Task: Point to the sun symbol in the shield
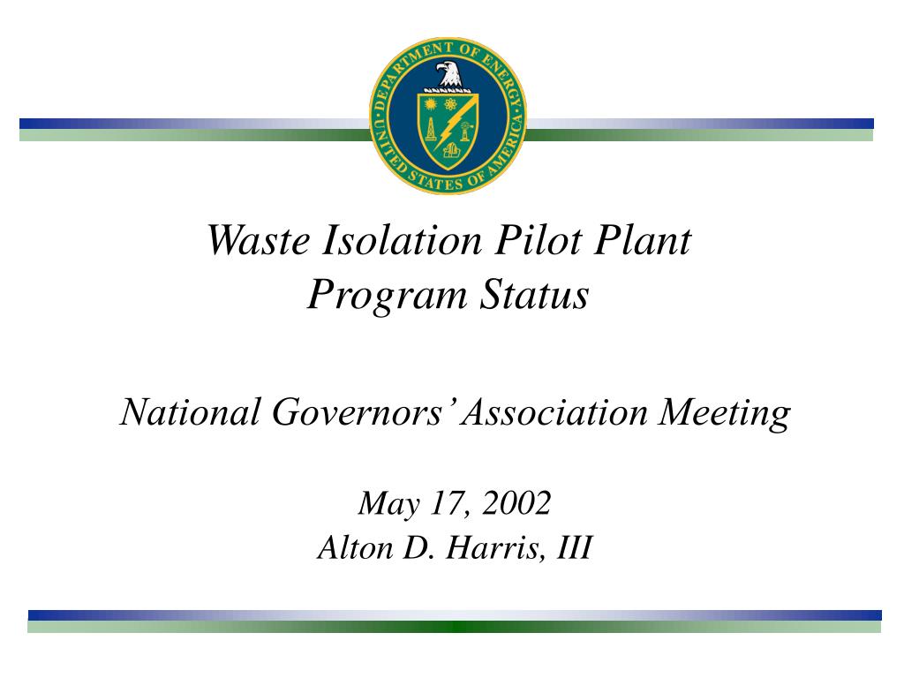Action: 432,105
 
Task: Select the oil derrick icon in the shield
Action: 430,130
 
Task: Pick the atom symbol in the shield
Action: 452,105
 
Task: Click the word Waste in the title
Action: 255,240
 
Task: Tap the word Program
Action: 385,296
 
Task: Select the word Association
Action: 560,412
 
